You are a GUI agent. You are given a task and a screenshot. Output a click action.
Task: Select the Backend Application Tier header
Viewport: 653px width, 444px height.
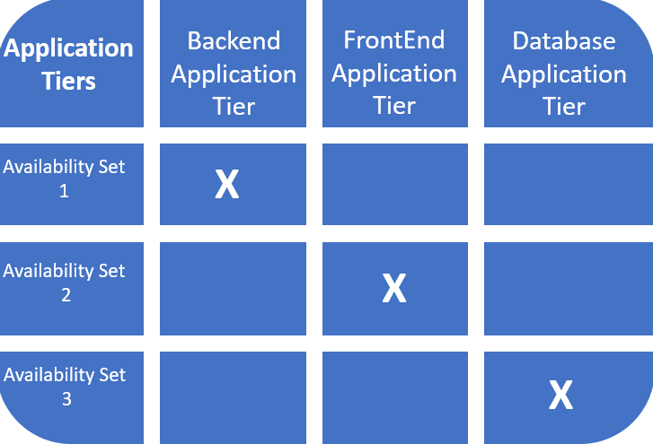point(233,73)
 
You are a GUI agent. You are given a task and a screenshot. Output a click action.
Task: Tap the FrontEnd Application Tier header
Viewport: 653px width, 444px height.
point(394,73)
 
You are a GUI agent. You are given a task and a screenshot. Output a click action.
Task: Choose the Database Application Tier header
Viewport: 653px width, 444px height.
point(564,73)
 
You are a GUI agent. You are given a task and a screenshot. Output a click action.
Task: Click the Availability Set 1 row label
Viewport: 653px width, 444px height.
point(65,178)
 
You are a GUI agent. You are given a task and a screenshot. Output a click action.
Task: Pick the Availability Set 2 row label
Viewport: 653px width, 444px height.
point(65,282)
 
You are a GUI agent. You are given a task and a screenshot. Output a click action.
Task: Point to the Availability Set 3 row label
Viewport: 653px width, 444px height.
point(65,387)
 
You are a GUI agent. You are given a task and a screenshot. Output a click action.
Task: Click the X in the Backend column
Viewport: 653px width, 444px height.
point(227,185)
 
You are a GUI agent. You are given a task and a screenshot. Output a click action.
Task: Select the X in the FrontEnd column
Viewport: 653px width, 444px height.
point(394,289)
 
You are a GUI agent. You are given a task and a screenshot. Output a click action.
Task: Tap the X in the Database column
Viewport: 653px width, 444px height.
point(561,395)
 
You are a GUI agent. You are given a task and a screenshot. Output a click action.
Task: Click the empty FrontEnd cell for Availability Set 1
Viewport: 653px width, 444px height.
point(394,184)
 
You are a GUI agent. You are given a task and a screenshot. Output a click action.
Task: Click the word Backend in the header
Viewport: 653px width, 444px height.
point(234,41)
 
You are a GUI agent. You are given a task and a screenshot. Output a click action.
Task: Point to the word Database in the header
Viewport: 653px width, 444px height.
point(564,41)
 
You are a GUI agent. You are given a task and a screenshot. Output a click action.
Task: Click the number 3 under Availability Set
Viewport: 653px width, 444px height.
point(66,399)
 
